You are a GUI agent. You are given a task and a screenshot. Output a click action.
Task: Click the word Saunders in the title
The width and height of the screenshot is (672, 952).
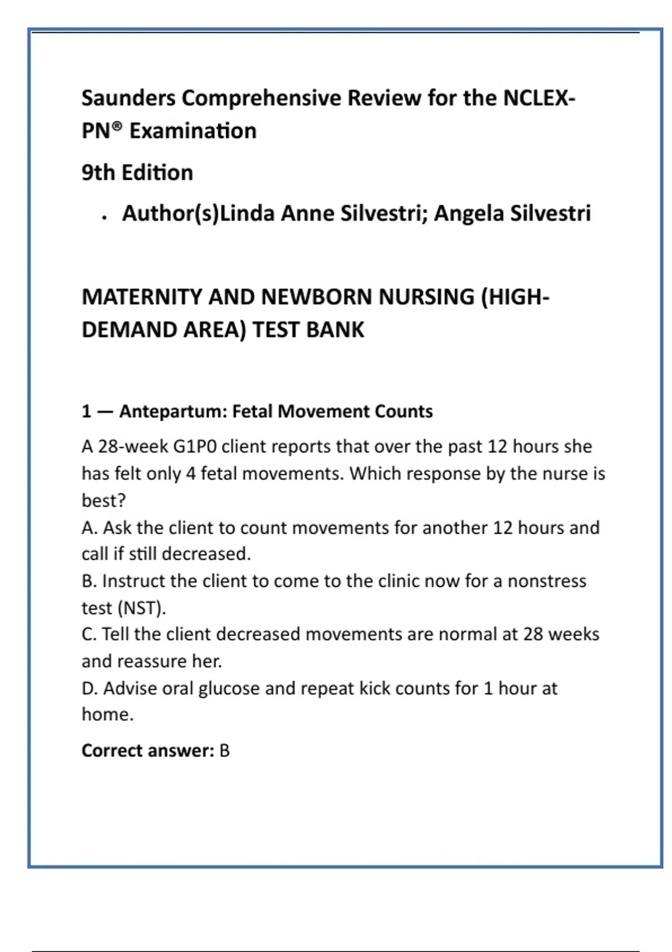(128, 98)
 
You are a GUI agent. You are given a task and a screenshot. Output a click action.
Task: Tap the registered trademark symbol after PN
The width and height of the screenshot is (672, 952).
(116, 127)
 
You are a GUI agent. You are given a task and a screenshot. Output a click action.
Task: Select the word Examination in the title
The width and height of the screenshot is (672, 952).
(193, 131)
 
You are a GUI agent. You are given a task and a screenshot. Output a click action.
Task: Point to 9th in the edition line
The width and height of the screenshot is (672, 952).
(98, 172)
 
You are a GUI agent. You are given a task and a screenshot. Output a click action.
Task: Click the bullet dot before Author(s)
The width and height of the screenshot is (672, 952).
(105, 218)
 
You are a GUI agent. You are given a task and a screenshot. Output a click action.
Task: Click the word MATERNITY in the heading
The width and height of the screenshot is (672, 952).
(142, 297)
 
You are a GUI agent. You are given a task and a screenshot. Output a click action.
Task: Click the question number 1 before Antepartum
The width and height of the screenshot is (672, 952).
(86, 412)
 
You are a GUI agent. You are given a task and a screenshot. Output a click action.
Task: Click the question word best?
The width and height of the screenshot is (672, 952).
(104, 500)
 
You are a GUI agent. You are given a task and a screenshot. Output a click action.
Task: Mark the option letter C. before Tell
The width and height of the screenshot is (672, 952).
(90, 634)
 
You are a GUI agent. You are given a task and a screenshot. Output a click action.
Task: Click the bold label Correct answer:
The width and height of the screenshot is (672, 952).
(148, 750)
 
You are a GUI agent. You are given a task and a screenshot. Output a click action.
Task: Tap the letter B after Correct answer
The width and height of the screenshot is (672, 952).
(225, 750)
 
